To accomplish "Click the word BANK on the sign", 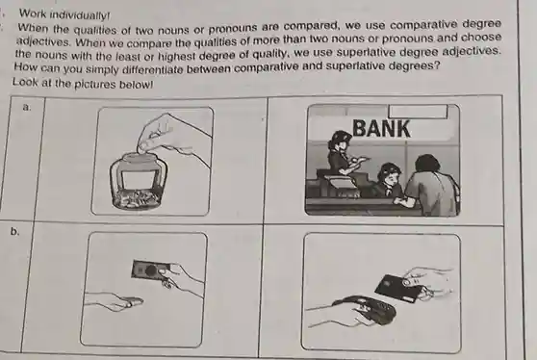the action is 381,128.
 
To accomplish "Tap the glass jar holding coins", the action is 139,182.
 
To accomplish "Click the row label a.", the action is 26,107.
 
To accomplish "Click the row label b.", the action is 14,232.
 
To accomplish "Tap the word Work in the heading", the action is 34,13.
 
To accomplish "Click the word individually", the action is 80,15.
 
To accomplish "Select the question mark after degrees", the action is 437,64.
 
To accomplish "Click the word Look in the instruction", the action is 24,82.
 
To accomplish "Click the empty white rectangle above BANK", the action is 418,112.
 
